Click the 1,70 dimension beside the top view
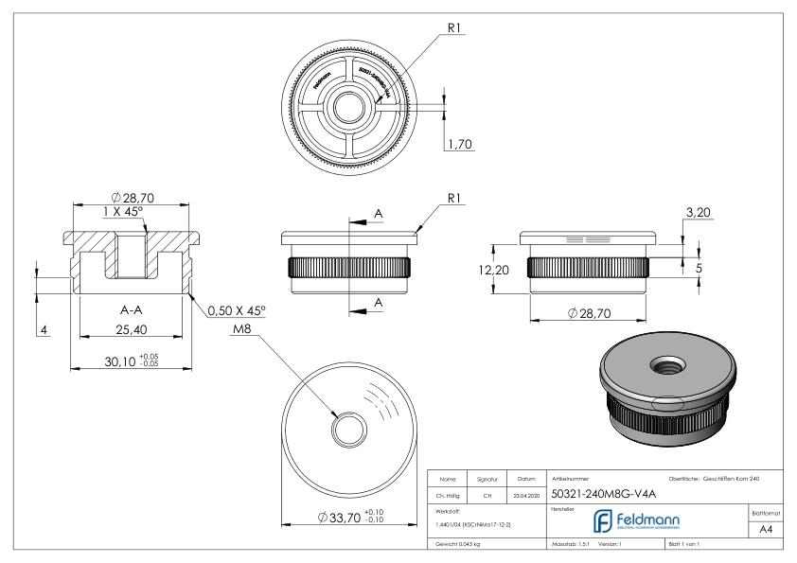461,145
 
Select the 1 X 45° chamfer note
125,212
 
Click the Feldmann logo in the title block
636,519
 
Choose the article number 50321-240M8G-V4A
595,492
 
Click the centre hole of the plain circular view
347,431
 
